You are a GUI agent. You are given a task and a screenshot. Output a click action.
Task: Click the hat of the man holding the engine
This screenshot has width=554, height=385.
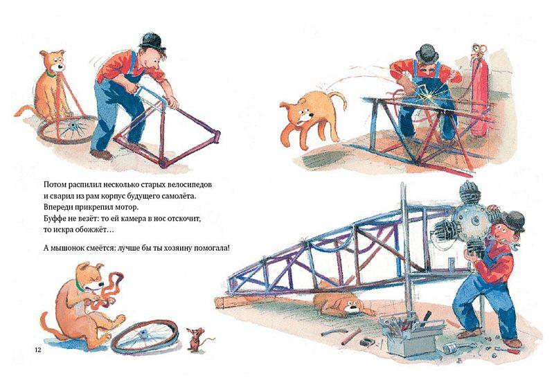point(516,222)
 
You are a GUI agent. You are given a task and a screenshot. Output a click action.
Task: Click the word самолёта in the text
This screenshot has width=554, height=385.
point(177,197)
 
